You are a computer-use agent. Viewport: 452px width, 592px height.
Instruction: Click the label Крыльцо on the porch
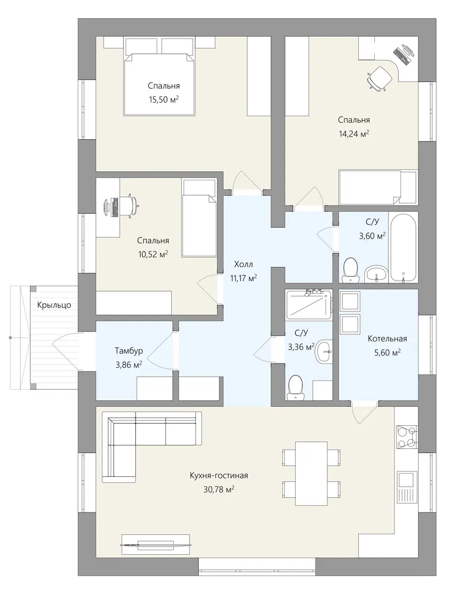(54, 305)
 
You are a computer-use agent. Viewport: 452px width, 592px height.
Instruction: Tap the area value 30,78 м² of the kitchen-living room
(219, 489)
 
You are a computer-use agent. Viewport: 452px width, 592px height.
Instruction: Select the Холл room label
(243, 264)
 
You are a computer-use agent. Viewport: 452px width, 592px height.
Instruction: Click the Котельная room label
(387, 339)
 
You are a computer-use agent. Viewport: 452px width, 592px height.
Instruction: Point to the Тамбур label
(129, 351)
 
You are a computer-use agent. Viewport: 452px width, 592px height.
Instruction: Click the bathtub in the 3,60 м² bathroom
(403, 248)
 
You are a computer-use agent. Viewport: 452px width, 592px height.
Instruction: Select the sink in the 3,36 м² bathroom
(323, 351)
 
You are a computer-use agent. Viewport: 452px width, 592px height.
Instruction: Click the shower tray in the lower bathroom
(308, 305)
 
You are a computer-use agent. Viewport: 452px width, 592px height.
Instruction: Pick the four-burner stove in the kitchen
(407, 437)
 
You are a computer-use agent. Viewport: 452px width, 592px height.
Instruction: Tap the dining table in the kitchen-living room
(311, 474)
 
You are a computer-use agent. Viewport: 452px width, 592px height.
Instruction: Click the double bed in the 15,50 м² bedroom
(158, 84)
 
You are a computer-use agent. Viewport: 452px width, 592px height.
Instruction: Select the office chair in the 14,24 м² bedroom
(378, 78)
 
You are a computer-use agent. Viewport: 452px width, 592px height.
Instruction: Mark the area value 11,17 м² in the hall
(244, 278)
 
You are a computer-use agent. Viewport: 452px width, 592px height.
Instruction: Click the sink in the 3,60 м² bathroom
(376, 274)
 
